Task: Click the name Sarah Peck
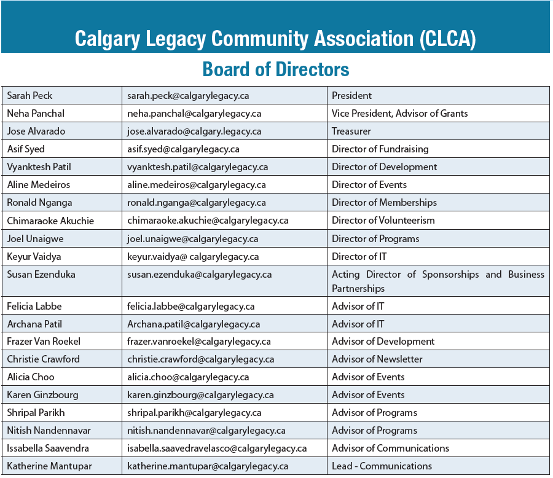[29, 96]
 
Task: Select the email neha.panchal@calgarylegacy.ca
[194, 114]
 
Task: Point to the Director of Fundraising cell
[380, 149]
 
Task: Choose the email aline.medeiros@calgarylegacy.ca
[197, 185]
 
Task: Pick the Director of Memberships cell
[385, 203]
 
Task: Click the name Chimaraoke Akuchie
[50, 221]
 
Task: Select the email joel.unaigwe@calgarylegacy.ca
[192, 239]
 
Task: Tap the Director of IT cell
[359, 257]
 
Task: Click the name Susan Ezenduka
[41, 275]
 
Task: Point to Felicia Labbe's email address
[191, 306]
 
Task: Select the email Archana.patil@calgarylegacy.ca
[194, 324]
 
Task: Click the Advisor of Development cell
[383, 342]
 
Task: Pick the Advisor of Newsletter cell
[377, 359]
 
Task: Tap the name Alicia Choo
[31, 377]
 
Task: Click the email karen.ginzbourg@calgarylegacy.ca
[200, 395]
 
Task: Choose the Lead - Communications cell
[382, 466]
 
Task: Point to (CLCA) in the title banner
[449, 38]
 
